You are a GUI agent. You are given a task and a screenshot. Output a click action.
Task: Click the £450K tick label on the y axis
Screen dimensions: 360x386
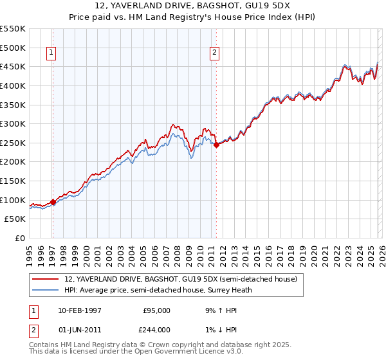pyautogui.click(x=14, y=66)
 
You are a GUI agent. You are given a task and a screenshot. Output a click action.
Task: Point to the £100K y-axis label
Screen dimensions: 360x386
pyautogui.click(x=14, y=200)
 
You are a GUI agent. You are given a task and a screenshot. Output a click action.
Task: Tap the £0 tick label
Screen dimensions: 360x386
pyautogui.click(x=20, y=238)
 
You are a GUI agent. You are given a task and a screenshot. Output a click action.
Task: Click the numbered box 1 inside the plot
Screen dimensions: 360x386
pyautogui.click(x=51, y=54)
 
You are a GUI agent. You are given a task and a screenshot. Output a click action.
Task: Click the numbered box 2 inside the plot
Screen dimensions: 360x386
pyautogui.click(x=214, y=54)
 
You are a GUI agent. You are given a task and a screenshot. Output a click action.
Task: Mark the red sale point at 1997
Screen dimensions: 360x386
pyautogui.click(x=53, y=202)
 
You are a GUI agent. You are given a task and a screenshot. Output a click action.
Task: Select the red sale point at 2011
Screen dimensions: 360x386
pyautogui.click(x=216, y=145)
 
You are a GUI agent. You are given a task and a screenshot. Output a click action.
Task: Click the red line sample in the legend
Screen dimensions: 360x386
pyautogui.click(x=46, y=280)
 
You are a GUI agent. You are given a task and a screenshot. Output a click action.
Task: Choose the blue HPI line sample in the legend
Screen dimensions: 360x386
pyautogui.click(x=46, y=290)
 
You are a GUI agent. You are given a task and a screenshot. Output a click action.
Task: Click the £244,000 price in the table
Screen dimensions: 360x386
pyautogui.click(x=156, y=330)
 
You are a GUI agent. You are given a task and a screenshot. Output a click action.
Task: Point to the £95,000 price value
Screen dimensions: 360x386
pyautogui.click(x=156, y=310)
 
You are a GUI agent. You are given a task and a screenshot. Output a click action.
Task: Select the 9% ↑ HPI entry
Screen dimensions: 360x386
pyautogui.click(x=219, y=310)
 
